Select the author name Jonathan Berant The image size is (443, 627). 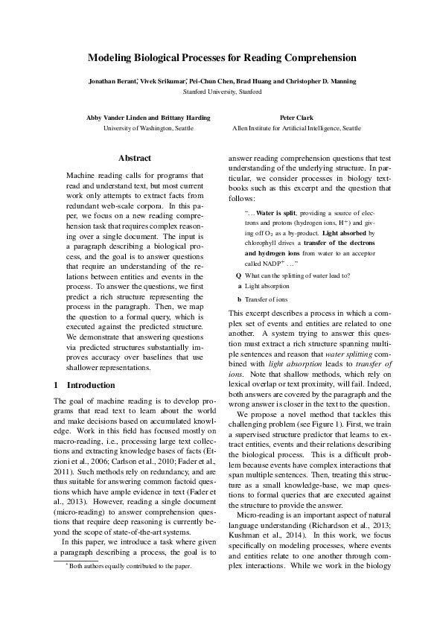click(x=112, y=80)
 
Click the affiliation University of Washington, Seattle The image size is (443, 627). click(x=147, y=128)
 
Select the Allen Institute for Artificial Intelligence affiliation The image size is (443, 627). click(x=296, y=128)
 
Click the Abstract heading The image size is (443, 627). click(x=135, y=158)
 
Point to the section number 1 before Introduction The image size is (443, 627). click(x=57, y=385)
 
